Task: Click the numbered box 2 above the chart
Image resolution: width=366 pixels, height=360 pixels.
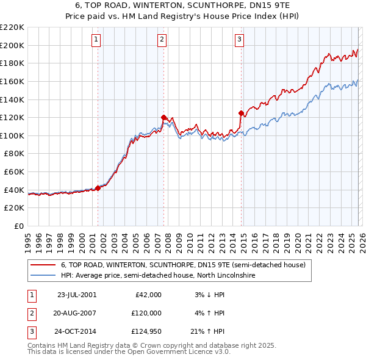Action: tap(162, 40)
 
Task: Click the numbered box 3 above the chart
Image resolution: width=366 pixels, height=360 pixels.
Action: tap(239, 40)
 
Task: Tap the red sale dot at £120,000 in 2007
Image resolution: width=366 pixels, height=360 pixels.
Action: tap(163, 117)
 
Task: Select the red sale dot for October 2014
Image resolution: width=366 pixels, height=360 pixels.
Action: tap(241, 113)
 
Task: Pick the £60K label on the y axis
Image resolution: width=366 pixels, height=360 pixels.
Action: tap(14, 172)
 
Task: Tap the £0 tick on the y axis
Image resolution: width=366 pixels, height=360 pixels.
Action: tap(18, 226)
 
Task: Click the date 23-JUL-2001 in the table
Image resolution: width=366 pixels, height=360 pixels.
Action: tap(76, 295)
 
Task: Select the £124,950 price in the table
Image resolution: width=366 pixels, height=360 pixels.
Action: tap(146, 333)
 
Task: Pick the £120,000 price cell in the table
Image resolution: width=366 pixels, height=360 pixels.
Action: tap(146, 314)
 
